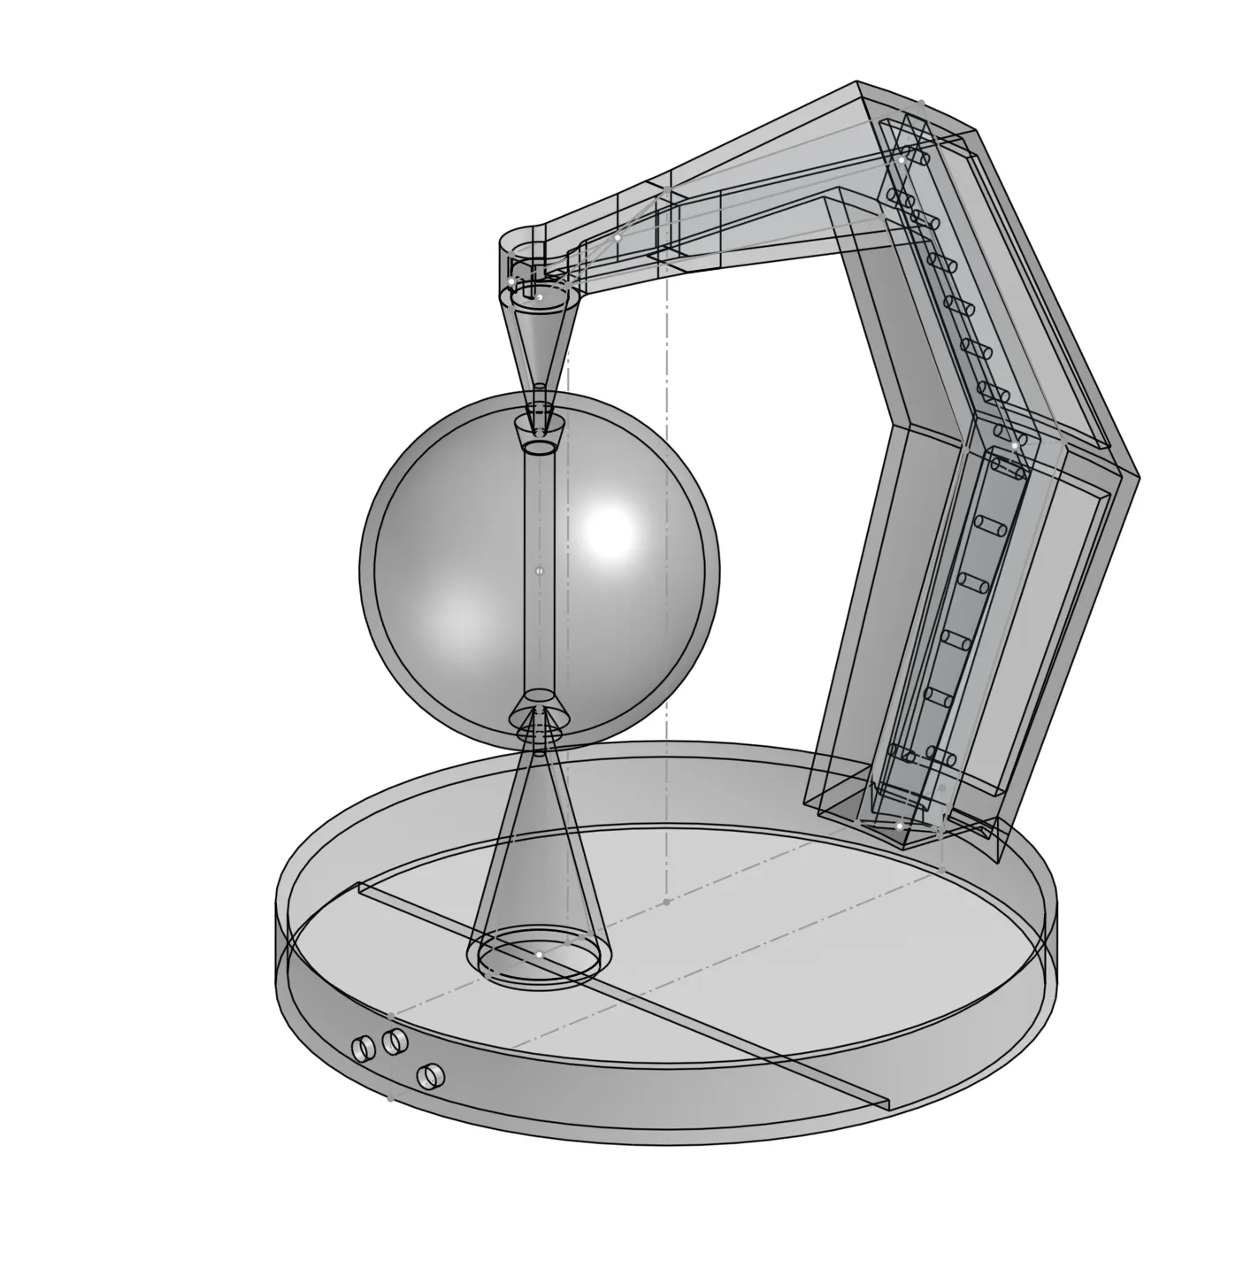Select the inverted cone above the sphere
[541, 345]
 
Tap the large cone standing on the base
[538, 849]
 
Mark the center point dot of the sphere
[540, 572]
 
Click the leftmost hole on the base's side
[362, 1049]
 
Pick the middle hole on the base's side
[395, 1040]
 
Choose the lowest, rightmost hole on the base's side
[431, 1075]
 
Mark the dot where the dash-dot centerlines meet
[667, 902]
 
